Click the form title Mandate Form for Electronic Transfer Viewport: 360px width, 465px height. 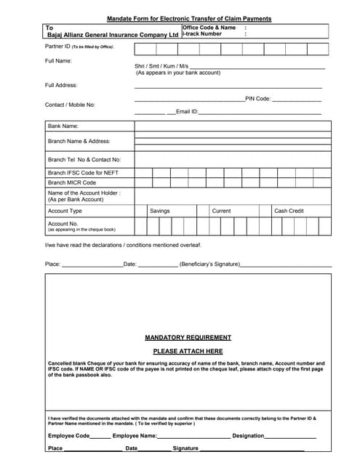click(x=188, y=18)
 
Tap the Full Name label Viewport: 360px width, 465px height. click(x=58, y=60)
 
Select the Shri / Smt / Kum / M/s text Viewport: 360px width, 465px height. click(x=161, y=66)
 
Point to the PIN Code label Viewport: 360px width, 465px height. click(x=258, y=98)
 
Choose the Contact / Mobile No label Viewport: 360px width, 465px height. click(x=70, y=105)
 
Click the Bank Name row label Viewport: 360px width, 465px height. click(x=63, y=126)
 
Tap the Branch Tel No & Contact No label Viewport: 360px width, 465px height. click(x=84, y=159)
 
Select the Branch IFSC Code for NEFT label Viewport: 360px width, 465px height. click(x=83, y=172)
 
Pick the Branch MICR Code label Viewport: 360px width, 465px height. click(x=72, y=182)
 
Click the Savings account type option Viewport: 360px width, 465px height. click(x=159, y=211)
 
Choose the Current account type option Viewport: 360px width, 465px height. click(x=221, y=211)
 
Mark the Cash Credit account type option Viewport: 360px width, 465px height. click(x=289, y=211)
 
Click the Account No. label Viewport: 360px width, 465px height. click(x=63, y=224)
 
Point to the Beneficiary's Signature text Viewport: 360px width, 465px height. click(x=209, y=264)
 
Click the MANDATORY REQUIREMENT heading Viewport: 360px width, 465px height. click(x=188, y=337)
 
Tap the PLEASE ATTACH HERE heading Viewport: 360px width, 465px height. click(x=188, y=351)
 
